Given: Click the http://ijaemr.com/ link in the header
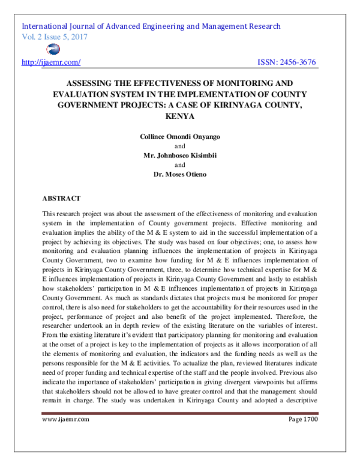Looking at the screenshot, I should tap(51, 62).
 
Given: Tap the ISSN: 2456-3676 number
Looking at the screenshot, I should tap(286, 62).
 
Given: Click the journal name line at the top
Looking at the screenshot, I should tap(151, 26).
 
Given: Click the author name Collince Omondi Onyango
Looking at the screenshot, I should tap(179, 136).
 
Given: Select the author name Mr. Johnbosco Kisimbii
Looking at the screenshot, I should tap(179, 156).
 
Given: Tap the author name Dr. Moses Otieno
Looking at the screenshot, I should tap(179, 174).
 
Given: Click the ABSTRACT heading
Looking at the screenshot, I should tap(62, 197).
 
